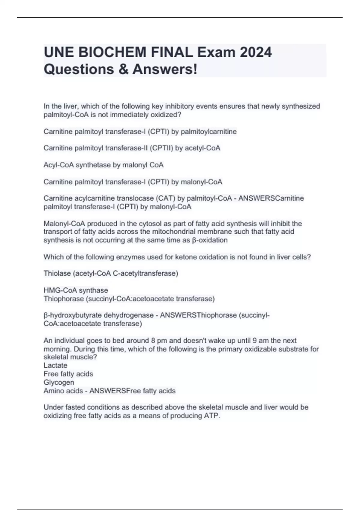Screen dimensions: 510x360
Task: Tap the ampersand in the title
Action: click(123, 69)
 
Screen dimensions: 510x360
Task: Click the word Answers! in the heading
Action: click(165, 69)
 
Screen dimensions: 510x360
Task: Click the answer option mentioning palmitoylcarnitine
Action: click(140, 132)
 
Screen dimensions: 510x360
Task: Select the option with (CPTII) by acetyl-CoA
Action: click(132, 148)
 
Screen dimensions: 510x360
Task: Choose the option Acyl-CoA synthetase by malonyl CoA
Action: click(103, 165)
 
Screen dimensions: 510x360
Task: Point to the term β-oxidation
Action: click(209, 240)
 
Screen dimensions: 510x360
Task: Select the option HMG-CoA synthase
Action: click(76, 290)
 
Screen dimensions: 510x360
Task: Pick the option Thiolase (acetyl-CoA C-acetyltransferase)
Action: click(111, 274)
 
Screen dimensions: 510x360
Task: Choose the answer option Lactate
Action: click(55, 365)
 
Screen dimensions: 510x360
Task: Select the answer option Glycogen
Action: click(59, 382)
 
